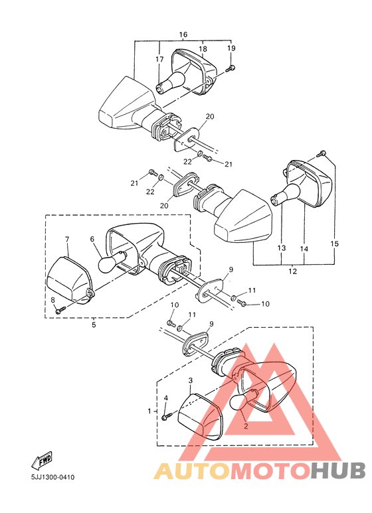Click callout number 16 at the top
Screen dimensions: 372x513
click(183, 35)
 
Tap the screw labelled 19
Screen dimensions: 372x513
click(232, 68)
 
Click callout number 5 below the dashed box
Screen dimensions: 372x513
click(94, 325)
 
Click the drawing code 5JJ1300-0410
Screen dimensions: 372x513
click(52, 477)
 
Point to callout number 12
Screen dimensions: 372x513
click(293, 271)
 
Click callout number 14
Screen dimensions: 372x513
click(304, 249)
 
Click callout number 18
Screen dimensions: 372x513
click(203, 49)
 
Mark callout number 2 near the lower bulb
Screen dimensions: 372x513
click(246, 426)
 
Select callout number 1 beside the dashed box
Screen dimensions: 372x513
click(149, 411)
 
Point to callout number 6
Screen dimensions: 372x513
click(92, 239)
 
